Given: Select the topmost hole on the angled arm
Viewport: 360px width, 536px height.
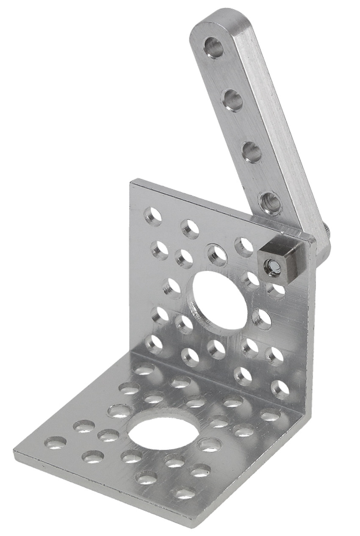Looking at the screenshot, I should point(214,47).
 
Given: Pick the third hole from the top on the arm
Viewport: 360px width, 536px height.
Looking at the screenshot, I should point(252,152).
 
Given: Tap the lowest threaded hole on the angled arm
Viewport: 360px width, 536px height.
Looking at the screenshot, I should point(270,203).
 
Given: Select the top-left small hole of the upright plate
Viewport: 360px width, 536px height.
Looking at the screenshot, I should point(153,216).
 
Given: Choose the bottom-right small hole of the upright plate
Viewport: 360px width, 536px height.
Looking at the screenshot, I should point(280,390).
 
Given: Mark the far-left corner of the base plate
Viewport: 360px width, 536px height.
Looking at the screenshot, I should point(15,452).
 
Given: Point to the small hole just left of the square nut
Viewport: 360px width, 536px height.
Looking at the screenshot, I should point(244,247).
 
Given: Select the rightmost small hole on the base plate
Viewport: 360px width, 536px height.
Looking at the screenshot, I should point(270,414).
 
